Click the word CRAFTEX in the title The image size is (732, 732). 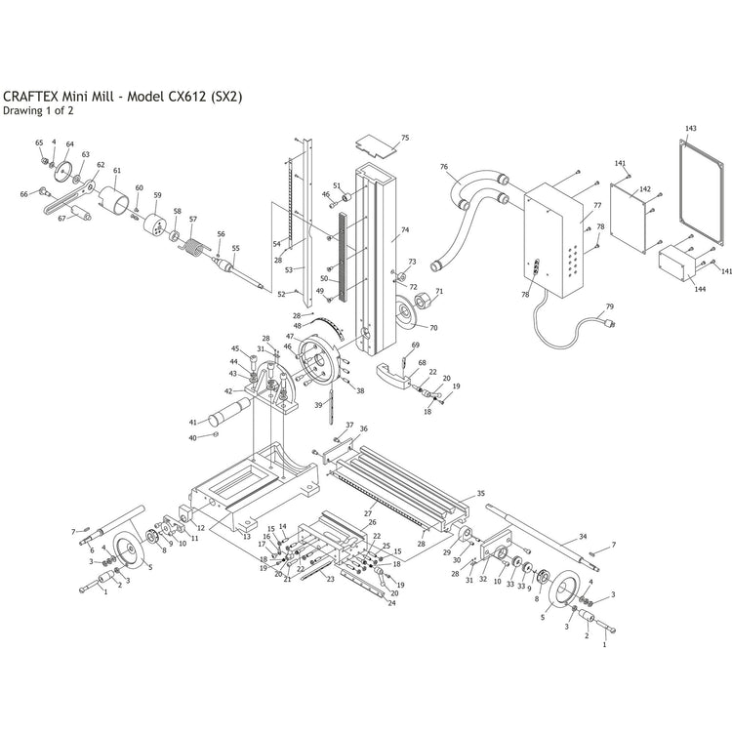31,97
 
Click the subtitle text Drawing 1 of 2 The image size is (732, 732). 38,110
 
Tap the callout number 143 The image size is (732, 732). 690,128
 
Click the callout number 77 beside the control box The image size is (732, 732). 597,205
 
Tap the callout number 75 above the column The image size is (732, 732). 405,138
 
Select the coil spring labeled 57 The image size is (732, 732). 193,247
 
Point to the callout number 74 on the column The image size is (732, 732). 405,229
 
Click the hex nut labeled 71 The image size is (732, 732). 422,302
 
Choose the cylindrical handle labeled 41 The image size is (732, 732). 229,411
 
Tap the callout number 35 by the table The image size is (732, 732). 481,494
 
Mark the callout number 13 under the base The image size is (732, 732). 247,537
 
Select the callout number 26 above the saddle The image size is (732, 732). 372,522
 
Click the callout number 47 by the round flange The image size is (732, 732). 290,336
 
